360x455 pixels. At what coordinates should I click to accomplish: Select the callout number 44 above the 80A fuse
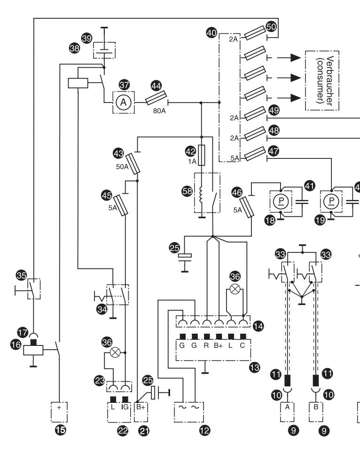pos(156,86)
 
